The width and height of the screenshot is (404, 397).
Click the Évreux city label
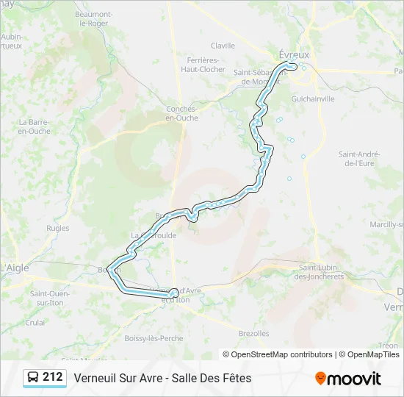tap(295, 54)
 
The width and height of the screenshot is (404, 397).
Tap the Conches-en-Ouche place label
tap(181, 113)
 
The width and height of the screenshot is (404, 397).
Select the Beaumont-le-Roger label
tap(93, 18)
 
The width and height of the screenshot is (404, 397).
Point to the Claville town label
tap(223, 46)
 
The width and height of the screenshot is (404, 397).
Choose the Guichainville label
tap(313, 98)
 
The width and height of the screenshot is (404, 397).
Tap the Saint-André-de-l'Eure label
tap(359, 158)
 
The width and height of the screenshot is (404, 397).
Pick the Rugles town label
tap(57, 228)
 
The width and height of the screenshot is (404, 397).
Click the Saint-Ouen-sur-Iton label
tap(50, 298)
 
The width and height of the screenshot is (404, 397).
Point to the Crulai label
tap(35, 322)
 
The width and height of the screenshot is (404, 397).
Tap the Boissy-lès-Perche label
tap(154, 337)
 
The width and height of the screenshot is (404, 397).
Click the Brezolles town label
tap(253, 333)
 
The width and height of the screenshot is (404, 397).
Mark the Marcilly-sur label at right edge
tap(386, 223)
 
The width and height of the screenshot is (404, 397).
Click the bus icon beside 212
tap(33, 377)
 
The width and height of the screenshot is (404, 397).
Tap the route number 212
tap(53, 377)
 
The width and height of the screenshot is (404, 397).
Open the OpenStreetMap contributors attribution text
tap(277, 354)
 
